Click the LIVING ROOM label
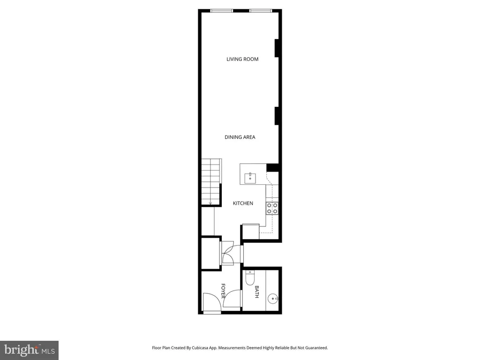point(242,59)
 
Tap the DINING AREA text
point(240,137)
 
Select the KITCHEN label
point(243,203)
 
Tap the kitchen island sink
point(250,177)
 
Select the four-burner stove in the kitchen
point(272,208)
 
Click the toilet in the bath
point(250,278)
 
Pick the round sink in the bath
point(273,298)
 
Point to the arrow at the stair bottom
point(211,203)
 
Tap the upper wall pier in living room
point(277,48)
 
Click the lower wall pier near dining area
point(277,116)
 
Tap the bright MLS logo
point(29,350)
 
